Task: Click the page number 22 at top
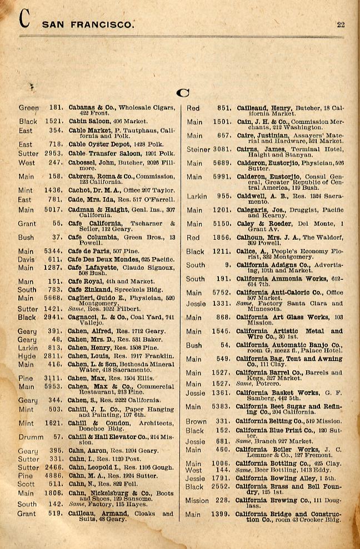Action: [x=341, y=24]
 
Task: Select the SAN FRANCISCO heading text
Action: [x=88, y=24]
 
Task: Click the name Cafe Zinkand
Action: [x=88, y=289]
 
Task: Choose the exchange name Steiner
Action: [x=198, y=149]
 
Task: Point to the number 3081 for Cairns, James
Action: [x=222, y=149]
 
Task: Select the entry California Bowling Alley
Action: [x=276, y=478]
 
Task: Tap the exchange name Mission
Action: [x=197, y=500]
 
